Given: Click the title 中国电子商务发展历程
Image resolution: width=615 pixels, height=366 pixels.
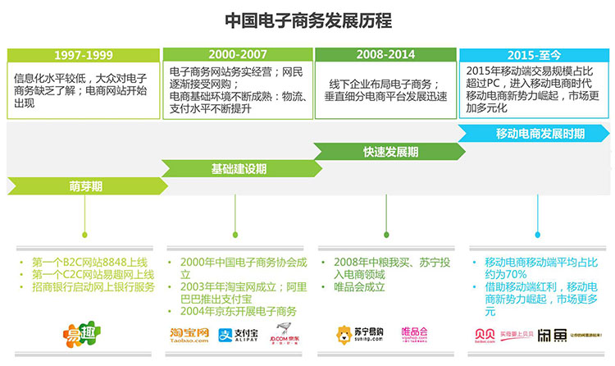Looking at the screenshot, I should click(x=307, y=20).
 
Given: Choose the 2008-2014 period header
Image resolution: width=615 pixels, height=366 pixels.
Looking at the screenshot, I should click(x=385, y=54).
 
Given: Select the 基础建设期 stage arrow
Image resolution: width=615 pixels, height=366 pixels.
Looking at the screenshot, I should click(x=238, y=168).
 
